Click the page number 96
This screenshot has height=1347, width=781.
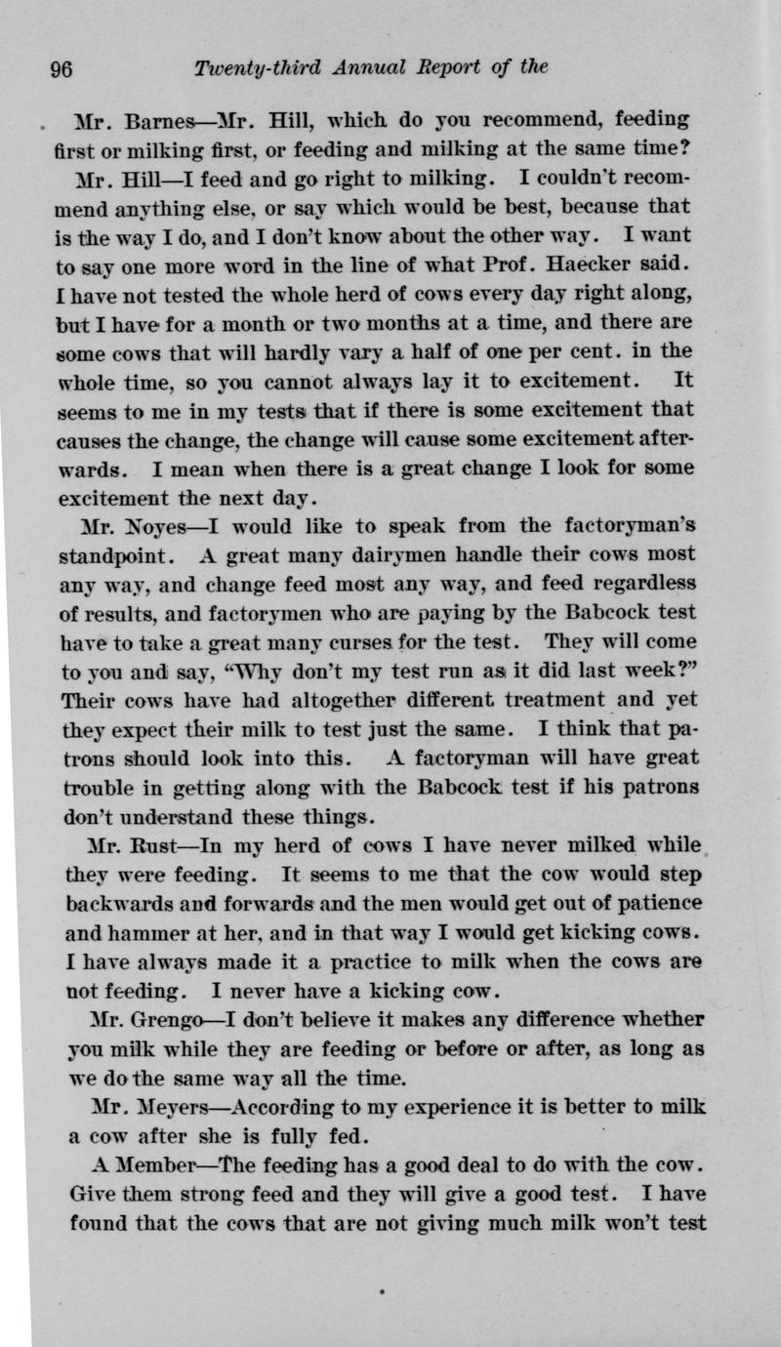(62, 69)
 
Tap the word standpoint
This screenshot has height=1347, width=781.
(119, 556)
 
